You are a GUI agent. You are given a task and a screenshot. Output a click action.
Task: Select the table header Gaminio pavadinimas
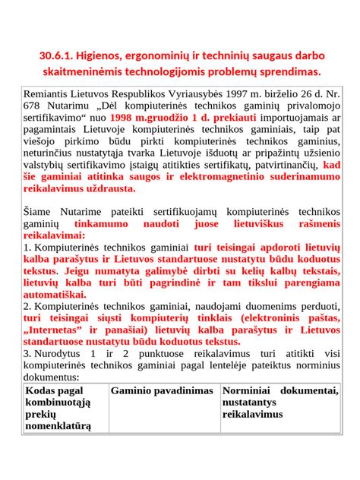162,390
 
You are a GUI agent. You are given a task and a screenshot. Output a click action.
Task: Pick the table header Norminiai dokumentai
280,390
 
